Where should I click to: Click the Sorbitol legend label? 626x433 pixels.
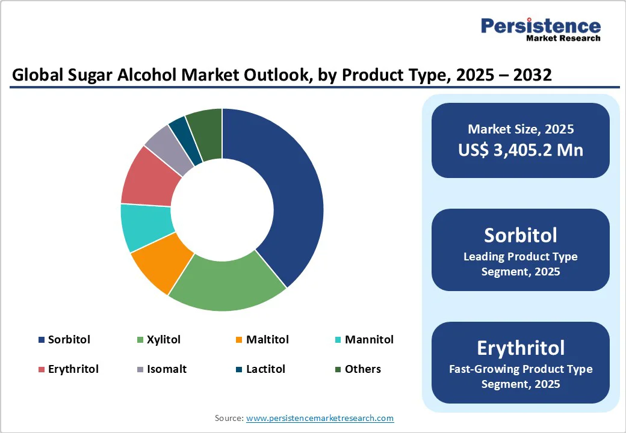point(69,340)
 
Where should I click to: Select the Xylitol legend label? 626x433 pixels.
point(164,340)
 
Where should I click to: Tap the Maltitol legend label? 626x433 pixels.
point(267,340)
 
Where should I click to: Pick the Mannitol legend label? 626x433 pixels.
point(369,340)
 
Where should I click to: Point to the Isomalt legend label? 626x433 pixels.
point(167,369)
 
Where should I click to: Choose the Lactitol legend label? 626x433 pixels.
point(265,369)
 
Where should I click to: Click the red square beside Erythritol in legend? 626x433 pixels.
point(41,369)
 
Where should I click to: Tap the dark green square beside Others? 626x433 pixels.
point(338,369)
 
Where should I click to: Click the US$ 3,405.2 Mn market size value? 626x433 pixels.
point(521,150)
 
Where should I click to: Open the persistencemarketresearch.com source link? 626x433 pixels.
point(320,418)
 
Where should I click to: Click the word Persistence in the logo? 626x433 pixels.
point(541,26)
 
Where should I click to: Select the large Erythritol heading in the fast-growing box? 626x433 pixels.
point(521,348)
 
